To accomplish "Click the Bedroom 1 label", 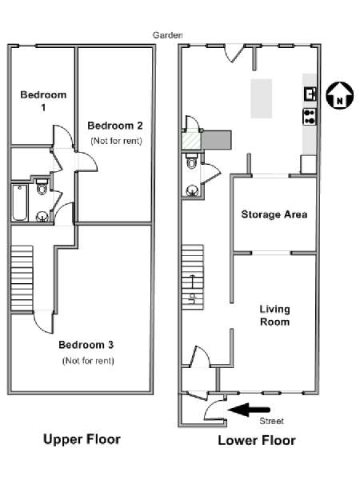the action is tap(43, 101).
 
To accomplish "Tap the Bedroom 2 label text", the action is tap(115, 126).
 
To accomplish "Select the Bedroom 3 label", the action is tap(86, 345).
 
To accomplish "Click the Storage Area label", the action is tap(274, 214).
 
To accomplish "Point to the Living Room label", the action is tap(274, 316).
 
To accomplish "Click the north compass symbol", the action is tap(339, 95).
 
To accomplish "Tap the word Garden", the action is tap(168, 35).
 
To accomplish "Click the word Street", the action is tap(271, 421).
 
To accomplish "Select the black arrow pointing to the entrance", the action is tap(249, 410).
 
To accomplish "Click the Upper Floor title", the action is tap(82, 439).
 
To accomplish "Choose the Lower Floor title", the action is tap(257, 441).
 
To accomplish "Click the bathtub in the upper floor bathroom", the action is tap(20, 202).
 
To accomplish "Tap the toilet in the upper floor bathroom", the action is tap(42, 186).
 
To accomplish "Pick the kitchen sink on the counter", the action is tap(310, 94).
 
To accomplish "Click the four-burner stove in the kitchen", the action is tap(310, 117).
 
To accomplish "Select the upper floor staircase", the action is tap(22, 278).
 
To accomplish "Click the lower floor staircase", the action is tap(193, 277).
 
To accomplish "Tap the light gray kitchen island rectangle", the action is tap(262, 98).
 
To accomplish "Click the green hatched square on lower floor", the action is tap(191, 141).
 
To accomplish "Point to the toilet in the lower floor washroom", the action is tap(192, 161).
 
